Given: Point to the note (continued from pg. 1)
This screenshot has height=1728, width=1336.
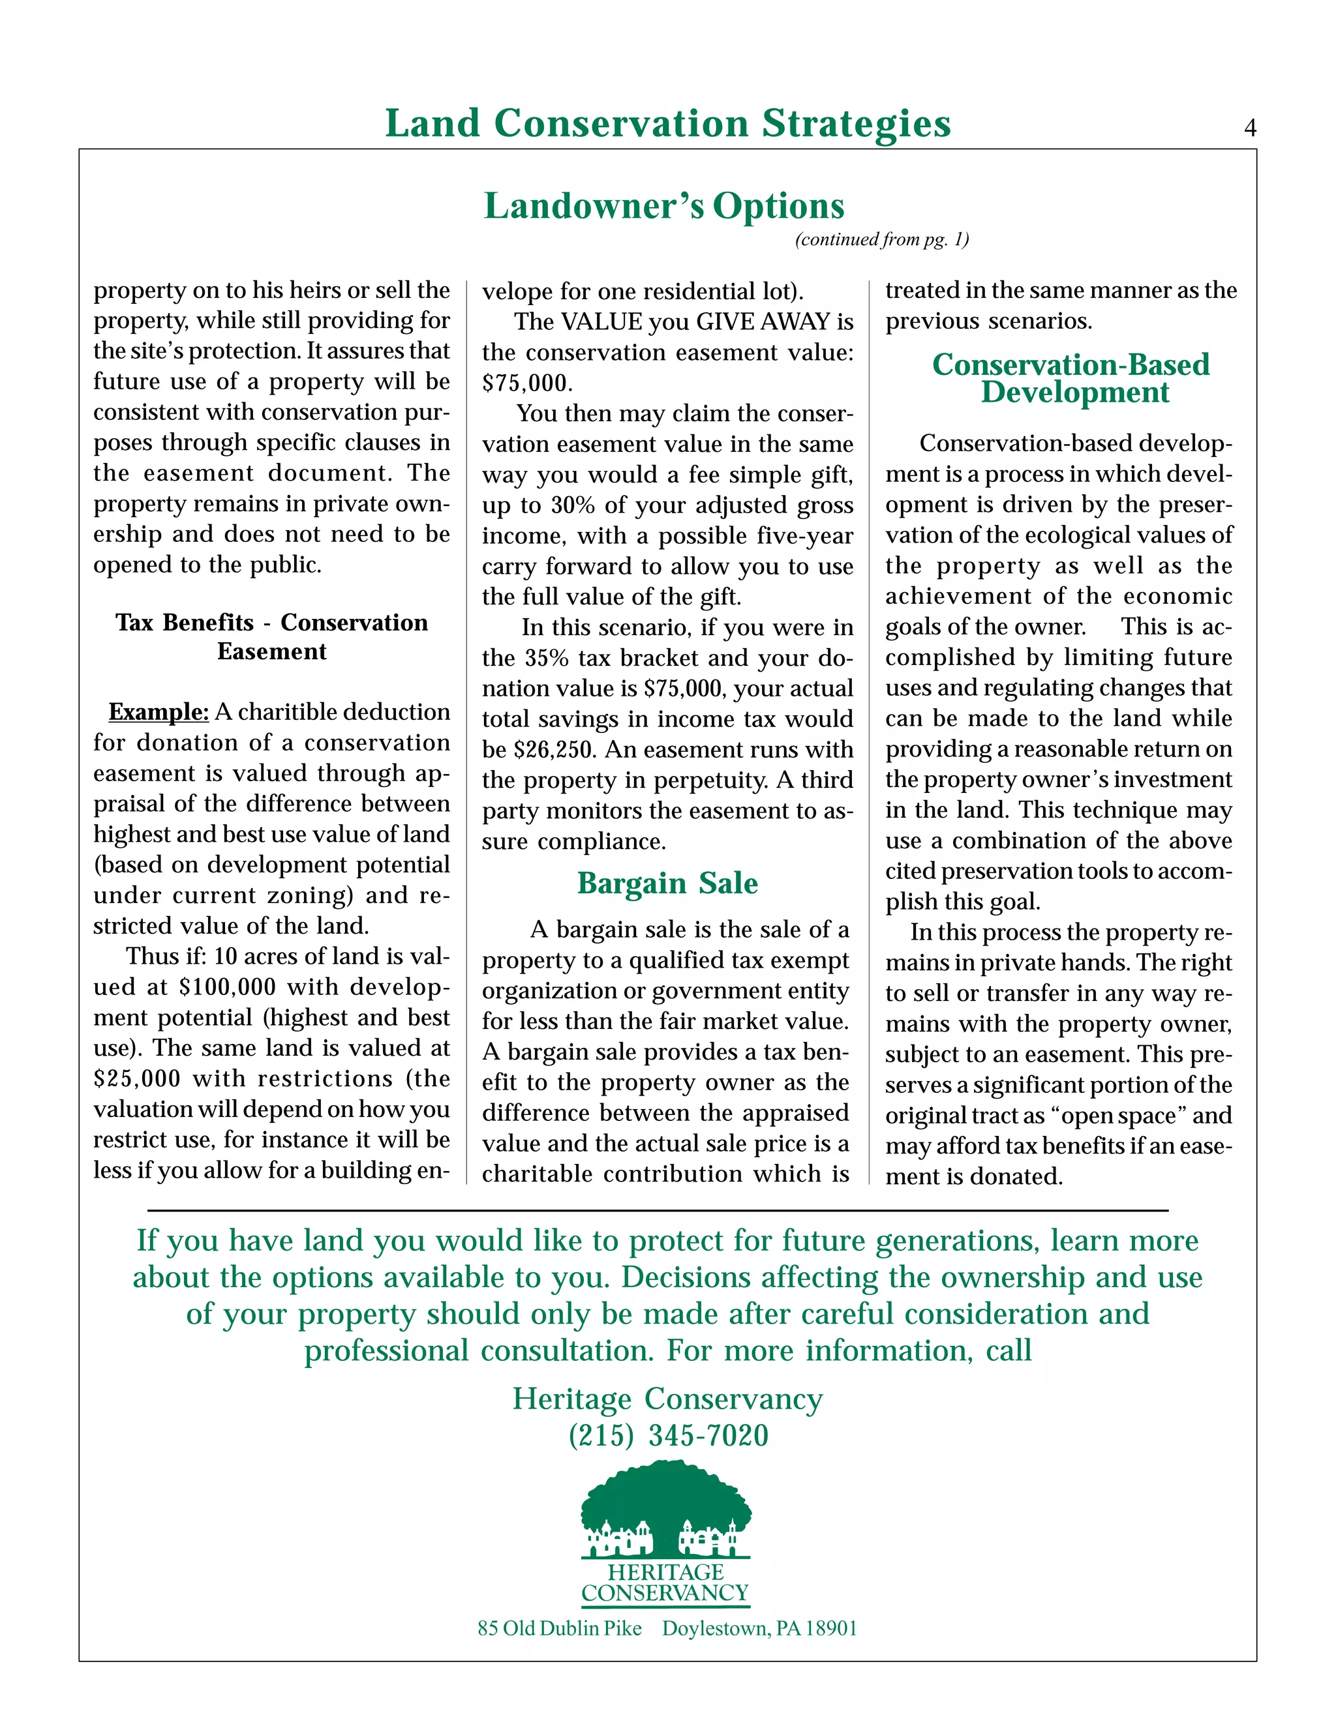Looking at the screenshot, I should coord(882,240).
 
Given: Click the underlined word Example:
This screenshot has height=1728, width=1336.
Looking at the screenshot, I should coord(159,712).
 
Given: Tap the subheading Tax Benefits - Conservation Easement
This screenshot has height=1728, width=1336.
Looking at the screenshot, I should coord(271,636).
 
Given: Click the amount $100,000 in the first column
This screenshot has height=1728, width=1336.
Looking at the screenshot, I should coord(228,987).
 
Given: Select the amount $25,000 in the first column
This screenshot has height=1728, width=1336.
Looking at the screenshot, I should coord(137,1079).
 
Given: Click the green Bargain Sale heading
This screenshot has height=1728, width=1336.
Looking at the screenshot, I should coord(667,883).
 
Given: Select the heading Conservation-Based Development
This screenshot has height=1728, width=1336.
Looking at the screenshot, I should coord(1071,378).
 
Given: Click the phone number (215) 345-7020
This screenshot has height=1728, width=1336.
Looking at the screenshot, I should coord(668,1435).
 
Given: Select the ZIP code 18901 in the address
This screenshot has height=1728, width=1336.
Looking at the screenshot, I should coord(831,1628).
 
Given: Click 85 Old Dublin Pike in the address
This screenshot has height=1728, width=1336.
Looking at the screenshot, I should coord(559,1628).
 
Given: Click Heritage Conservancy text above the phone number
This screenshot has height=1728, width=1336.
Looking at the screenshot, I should coord(667,1399).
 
